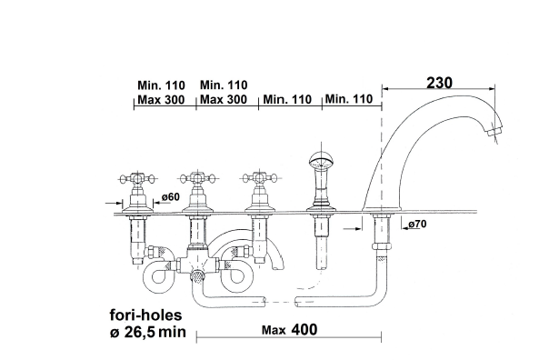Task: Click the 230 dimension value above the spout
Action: coord(439,83)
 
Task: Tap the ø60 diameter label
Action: coord(171,197)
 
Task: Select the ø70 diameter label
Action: coord(418,224)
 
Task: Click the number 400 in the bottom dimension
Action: coord(304,329)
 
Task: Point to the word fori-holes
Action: coord(146,315)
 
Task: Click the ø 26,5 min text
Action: coord(148,332)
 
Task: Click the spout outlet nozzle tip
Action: coord(494,132)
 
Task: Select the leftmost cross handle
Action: coord(137,179)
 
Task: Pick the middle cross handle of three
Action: coord(197,178)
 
